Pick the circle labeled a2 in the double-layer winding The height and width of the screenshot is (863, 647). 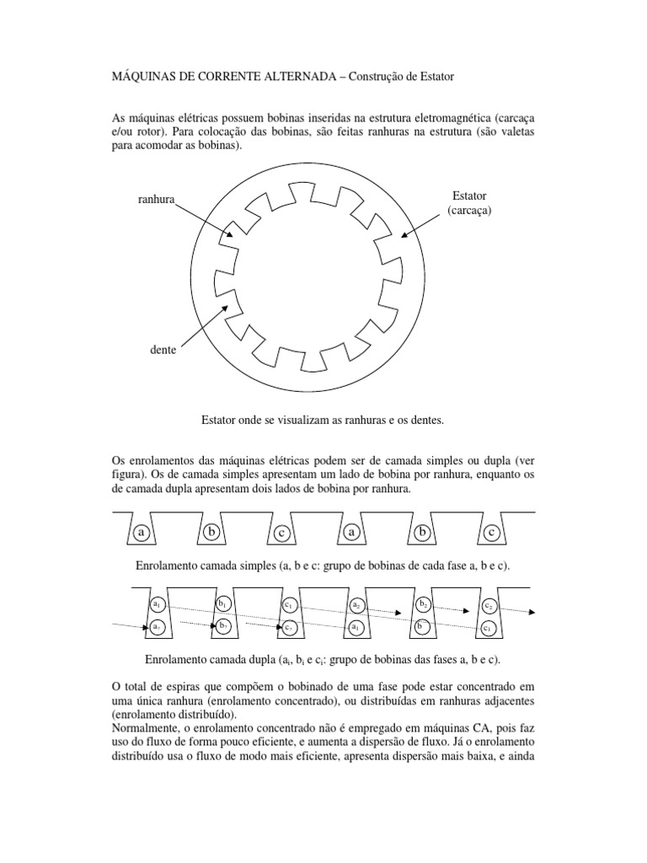pos(356,605)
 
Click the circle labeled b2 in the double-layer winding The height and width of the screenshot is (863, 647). pos(424,605)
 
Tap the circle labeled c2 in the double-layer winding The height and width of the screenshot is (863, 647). pos(489,605)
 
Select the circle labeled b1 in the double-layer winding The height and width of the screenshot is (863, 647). pos(222,605)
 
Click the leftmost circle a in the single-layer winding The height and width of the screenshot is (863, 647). pos(142,533)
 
